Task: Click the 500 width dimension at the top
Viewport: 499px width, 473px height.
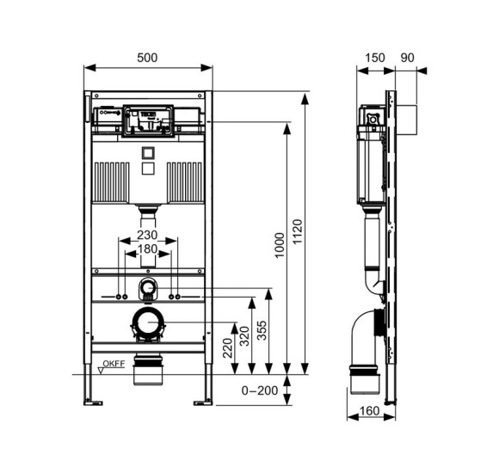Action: tap(148, 57)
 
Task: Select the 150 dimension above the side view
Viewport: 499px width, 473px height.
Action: tap(374, 57)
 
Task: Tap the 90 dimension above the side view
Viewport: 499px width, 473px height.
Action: tap(408, 57)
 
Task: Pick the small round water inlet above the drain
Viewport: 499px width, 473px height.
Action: tap(148, 287)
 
